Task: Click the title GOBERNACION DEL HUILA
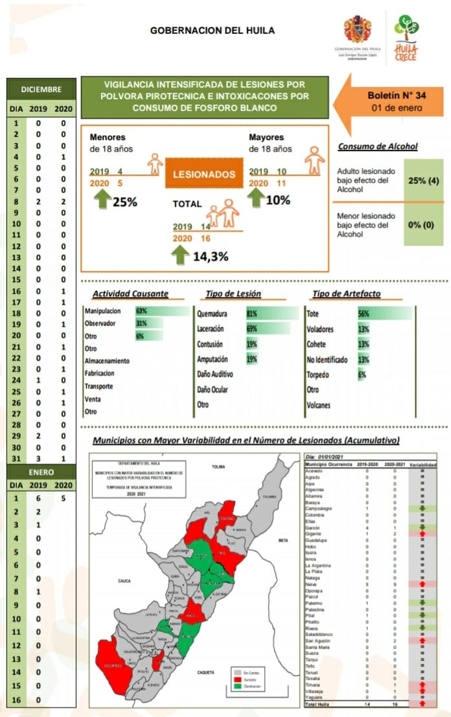point(212,30)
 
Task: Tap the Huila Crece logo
point(406,38)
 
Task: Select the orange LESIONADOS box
point(203,174)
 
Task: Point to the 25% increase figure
point(125,202)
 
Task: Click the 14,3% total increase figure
point(211,256)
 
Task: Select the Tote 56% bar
point(384,314)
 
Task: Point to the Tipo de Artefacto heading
point(346,294)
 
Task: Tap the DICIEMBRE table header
point(41,89)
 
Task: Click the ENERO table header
point(41,473)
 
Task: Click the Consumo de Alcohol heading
point(378,147)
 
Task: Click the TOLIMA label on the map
point(218,466)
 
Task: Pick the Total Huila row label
point(319,704)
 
